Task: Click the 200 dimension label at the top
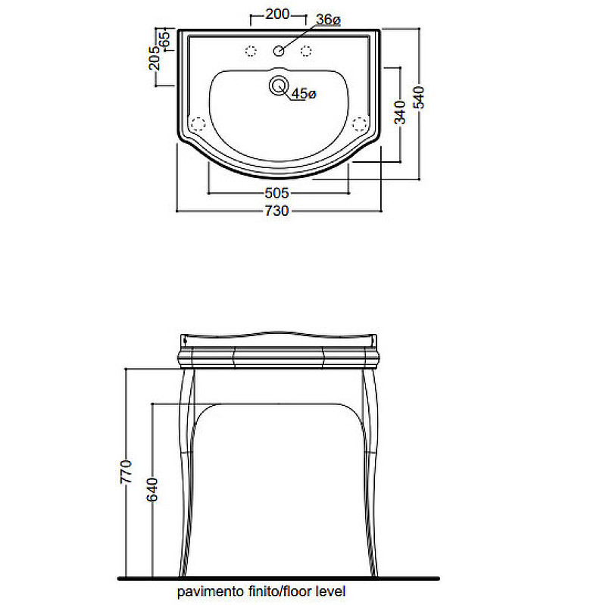tap(277, 14)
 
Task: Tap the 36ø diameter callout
tap(328, 20)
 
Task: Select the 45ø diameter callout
tap(304, 93)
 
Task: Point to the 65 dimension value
tap(164, 39)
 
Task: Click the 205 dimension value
tap(154, 58)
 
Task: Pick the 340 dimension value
tap(400, 112)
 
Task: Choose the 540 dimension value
tap(419, 98)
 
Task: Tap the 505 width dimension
tap(276, 193)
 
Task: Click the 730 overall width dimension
tap(276, 211)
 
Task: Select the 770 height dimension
tap(126, 471)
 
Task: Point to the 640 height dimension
tap(152, 489)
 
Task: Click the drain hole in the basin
tap(279, 86)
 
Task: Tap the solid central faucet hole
tap(279, 51)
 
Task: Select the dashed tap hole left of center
tap(251, 51)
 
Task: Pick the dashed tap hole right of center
tap(306, 51)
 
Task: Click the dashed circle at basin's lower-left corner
tap(198, 124)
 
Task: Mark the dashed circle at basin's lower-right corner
tap(359, 124)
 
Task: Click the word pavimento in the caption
tap(211, 591)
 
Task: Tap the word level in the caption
tap(331, 591)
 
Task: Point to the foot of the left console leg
tap(183, 574)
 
